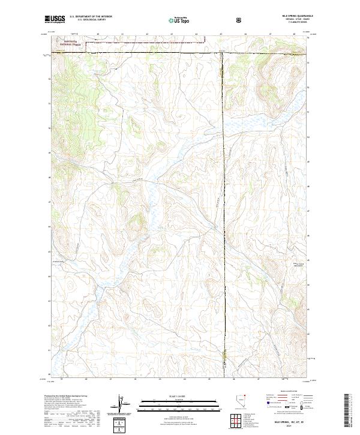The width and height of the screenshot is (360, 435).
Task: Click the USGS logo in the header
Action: [x=55, y=19]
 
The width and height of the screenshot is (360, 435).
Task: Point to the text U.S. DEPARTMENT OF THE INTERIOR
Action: [x=91, y=17]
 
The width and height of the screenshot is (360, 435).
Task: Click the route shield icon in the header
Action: [x=240, y=20]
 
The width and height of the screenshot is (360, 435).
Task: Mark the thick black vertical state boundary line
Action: [x=223, y=210]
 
